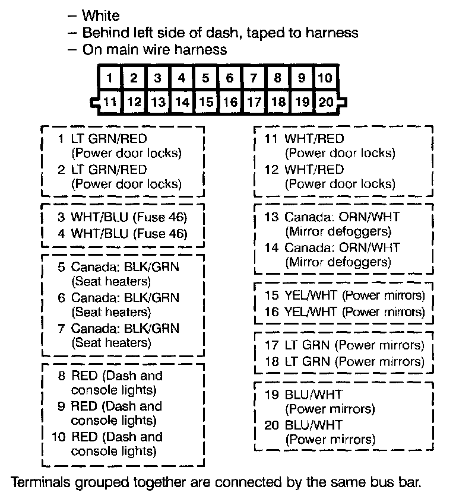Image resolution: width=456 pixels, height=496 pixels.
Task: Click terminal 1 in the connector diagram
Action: pos(110,78)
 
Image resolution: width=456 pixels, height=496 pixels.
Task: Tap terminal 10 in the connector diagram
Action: pos(325,78)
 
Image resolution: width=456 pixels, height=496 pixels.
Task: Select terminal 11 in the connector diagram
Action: pos(110,101)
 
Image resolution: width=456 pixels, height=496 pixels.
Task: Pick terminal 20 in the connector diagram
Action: pos(325,101)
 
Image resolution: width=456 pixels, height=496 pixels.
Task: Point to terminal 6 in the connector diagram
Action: pos(229,78)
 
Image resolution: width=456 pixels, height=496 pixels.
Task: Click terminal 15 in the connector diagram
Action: pos(205,101)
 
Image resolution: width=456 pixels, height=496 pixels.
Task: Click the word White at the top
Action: pos(100,15)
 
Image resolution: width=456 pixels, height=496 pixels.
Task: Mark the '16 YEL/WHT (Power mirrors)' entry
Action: pos(344,311)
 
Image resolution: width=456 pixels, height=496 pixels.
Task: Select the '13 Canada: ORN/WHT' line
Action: pos(340,217)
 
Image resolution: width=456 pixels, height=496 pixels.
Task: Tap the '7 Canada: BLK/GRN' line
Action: pos(118,328)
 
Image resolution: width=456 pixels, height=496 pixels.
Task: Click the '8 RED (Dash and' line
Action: pos(110,376)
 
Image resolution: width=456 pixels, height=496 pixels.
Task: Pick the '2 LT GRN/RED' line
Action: pos(102,169)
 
